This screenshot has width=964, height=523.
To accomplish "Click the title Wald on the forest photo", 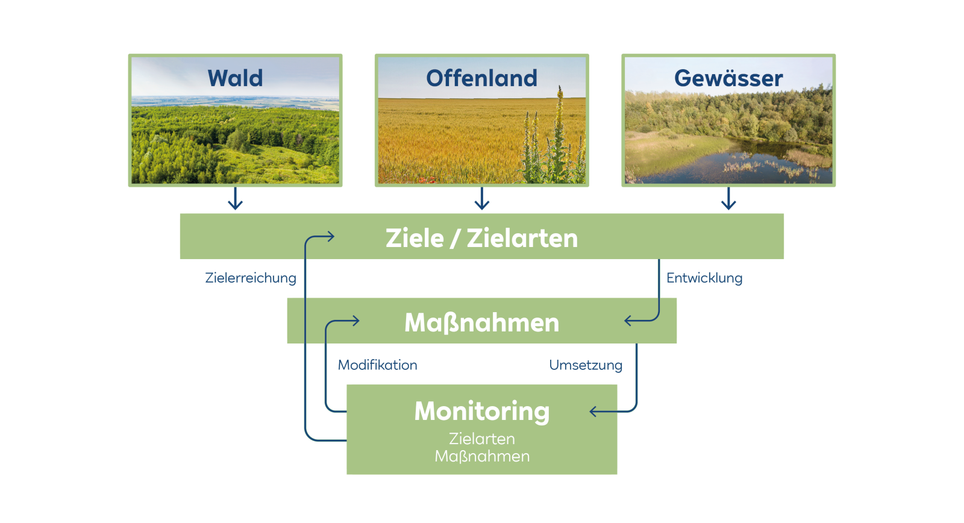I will tap(235, 78).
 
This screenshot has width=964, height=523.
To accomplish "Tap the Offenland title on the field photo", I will tap(481, 78).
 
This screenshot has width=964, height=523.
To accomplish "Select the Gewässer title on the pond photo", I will tap(728, 78).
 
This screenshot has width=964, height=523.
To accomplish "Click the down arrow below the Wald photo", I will tap(236, 199).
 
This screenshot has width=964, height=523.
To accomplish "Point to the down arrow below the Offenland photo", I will tap(482, 199).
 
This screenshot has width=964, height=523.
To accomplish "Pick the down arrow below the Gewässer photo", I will tap(728, 199).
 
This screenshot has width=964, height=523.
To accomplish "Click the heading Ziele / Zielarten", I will tap(481, 238).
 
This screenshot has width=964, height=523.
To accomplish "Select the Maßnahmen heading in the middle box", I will tap(481, 322).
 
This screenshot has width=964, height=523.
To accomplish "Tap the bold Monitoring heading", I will tap(482, 411).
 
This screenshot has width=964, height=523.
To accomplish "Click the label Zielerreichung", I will tap(251, 278).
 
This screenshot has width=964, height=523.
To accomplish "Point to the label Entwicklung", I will tap(704, 278).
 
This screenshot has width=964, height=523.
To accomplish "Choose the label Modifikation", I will tap(377, 365).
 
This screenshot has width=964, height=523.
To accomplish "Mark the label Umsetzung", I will tap(586, 365).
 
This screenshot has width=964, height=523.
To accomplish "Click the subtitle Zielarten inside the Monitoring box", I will tap(482, 439).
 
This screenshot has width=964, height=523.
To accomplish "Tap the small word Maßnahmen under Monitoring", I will tap(482, 456).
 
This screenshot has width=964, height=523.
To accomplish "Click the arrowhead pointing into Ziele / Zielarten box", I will tap(330, 237).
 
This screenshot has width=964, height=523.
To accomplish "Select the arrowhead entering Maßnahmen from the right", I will tap(628, 321).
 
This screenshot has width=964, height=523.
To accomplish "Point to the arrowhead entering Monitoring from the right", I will tap(593, 412).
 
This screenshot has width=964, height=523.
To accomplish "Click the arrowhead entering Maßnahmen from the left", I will tap(355, 321).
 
